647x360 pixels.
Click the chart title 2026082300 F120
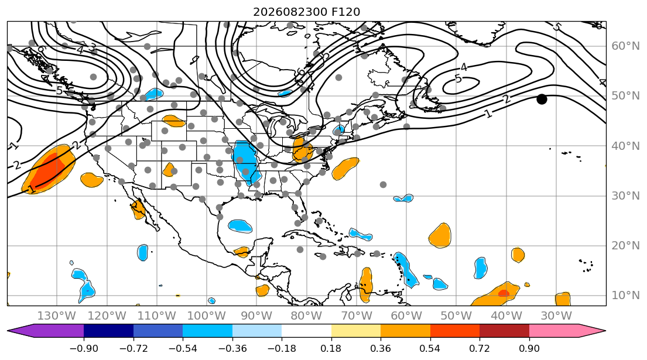pyautogui.click(x=306, y=12)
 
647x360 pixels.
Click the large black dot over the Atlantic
pyautogui.click(x=542, y=100)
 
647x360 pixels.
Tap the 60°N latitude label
pyautogui.click(x=625, y=46)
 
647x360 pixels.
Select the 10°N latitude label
pyautogui.click(x=625, y=295)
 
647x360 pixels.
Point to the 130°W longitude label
pyautogui.click(x=57, y=316)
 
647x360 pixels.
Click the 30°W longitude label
pyautogui.click(x=556, y=316)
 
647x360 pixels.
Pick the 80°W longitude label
pyautogui.click(x=306, y=316)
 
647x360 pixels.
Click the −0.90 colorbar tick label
pyautogui.click(x=84, y=348)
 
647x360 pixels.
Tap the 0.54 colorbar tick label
pyautogui.click(x=430, y=348)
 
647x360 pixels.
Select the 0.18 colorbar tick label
pyautogui.click(x=331, y=348)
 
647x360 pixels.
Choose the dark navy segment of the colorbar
pyautogui.click(x=108, y=331)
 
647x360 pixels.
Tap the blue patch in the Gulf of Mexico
pyautogui.click(x=239, y=225)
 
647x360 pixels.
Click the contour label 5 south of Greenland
pyautogui.click(x=458, y=78)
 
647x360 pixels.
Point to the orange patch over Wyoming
pyautogui.click(x=174, y=121)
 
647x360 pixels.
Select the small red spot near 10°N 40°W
pyautogui.click(x=504, y=293)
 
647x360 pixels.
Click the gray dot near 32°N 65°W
pyautogui.click(x=384, y=185)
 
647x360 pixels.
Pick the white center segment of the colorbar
pyautogui.click(x=306, y=331)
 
